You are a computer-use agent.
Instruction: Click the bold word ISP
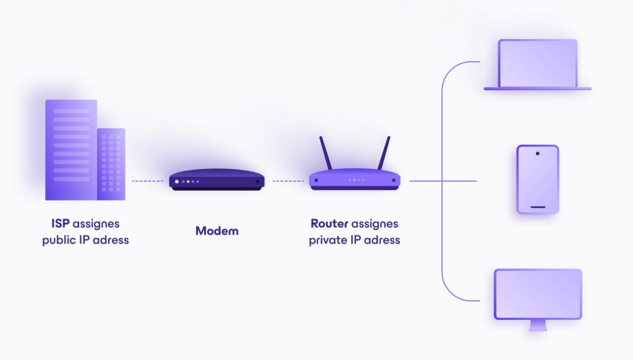click(x=61, y=223)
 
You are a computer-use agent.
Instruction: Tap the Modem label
click(x=217, y=231)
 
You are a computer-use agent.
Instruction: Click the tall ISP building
click(x=70, y=149)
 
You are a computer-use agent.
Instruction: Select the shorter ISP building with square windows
click(x=111, y=164)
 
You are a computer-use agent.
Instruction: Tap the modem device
click(x=217, y=179)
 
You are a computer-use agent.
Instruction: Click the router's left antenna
click(x=325, y=153)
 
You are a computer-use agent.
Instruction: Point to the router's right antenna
click(x=384, y=153)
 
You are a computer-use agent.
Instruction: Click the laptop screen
click(x=538, y=62)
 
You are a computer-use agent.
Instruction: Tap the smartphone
click(x=538, y=179)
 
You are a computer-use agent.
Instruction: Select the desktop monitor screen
click(x=538, y=294)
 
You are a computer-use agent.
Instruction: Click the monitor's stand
click(x=538, y=325)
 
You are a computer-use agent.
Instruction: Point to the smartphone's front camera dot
click(x=538, y=153)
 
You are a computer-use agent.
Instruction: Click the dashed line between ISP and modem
click(x=147, y=181)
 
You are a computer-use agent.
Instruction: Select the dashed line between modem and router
click(x=287, y=181)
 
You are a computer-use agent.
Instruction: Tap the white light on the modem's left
click(x=177, y=182)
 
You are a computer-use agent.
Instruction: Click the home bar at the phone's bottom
click(x=538, y=207)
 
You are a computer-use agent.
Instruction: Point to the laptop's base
click(x=538, y=88)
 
